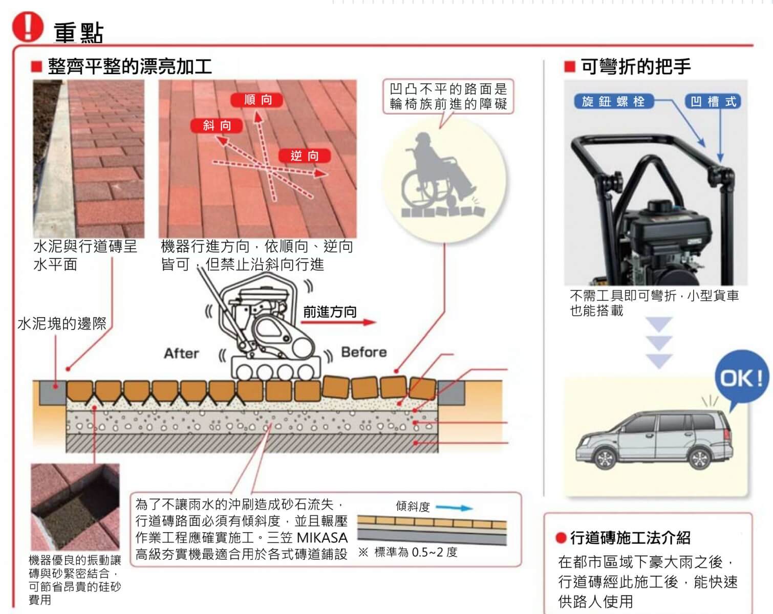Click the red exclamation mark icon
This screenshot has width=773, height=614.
pos(28,27)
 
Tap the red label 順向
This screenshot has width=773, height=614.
pos(257,100)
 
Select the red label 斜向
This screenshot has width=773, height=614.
pos(217,126)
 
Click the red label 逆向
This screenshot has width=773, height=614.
pos(305,156)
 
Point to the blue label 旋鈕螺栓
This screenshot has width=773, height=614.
pos(613,102)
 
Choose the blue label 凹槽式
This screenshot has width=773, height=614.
pos(713,102)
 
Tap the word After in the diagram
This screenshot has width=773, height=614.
pos(181,354)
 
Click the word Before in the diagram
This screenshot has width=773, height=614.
pos(364,352)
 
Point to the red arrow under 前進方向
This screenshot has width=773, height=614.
pos(338,322)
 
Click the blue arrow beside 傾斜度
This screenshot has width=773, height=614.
pos(455,508)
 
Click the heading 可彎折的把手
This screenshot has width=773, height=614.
pos(635,67)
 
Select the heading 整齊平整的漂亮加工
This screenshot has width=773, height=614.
pos(130,67)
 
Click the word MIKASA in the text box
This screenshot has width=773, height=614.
pos(322,538)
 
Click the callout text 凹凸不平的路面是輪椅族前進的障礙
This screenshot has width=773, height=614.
pos(448,96)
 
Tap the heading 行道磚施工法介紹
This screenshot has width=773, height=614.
pos(630,538)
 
